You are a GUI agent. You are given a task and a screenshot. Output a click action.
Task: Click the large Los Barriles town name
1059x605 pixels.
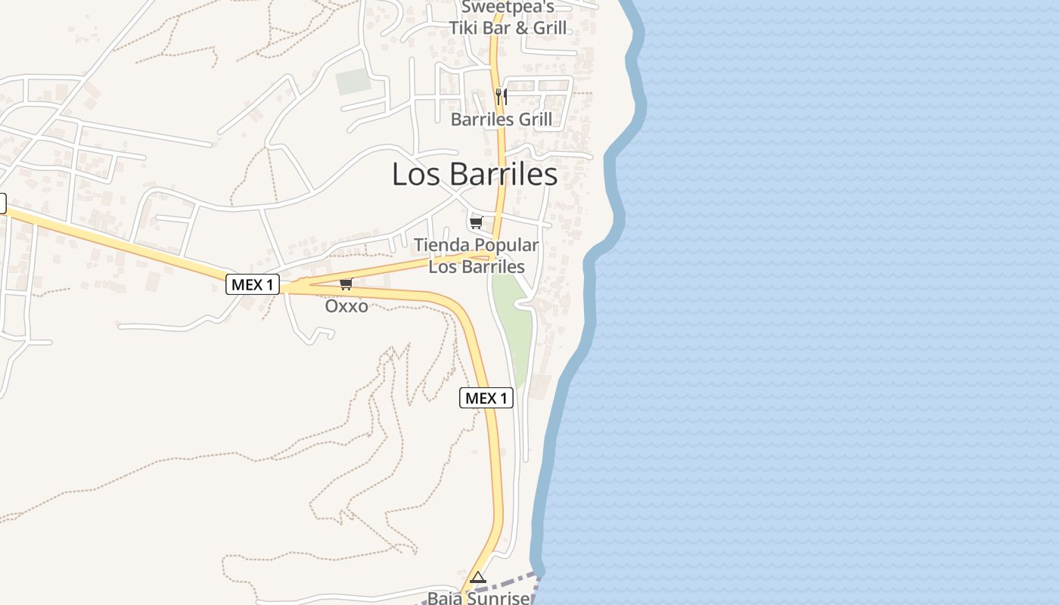coord(474,175)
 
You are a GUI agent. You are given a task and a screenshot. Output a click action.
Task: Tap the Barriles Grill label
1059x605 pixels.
coord(501,119)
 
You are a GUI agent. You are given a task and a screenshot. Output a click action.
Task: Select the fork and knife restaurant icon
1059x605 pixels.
coord(501,97)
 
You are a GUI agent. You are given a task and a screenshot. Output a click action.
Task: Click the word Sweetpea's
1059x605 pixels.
coord(508,8)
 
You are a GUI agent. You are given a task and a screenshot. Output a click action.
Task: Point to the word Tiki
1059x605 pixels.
coord(467,29)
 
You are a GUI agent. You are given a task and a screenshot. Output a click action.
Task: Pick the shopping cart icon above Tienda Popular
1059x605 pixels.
coord(476,222)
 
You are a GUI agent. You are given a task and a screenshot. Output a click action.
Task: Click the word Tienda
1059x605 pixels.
coord(442,246)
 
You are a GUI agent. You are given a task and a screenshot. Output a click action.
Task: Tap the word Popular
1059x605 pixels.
coord(506,246)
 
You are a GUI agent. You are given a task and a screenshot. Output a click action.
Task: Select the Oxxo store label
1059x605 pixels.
coord(346,306)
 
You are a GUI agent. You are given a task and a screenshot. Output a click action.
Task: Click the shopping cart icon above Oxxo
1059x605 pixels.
coord(346,284)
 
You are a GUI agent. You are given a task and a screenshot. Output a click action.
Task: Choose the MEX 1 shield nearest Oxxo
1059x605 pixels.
coord(253,285)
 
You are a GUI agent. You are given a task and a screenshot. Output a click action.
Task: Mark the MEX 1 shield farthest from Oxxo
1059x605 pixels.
coord(486,399)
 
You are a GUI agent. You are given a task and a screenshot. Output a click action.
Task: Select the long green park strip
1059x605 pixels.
coord(514,325)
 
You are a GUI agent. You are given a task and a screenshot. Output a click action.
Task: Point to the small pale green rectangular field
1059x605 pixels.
coord(353,82)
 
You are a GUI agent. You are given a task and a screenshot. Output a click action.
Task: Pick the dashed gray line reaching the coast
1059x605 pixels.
coord(514,584)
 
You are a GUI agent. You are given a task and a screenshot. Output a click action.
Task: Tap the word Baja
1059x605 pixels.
coord(445,598)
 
